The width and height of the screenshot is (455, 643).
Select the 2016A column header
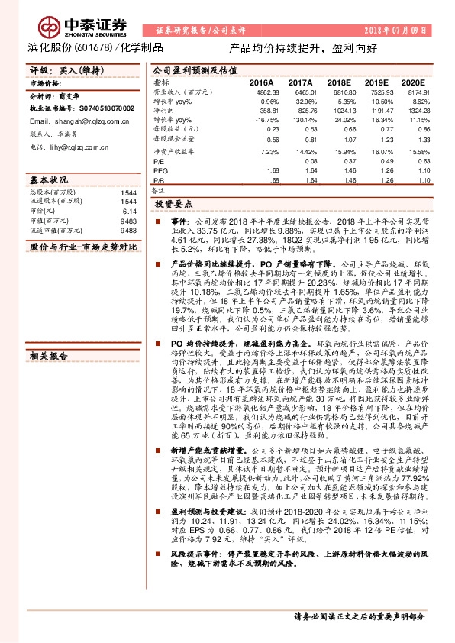point(262,82)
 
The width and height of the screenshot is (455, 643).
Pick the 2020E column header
point(412,82)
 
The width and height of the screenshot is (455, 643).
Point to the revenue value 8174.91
point(418,91)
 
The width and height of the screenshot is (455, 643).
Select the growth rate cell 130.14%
point(305,120)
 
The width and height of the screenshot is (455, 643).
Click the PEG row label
point(160,170)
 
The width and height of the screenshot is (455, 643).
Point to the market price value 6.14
point(129,210)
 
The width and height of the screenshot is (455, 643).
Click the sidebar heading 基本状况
point(48,179)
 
